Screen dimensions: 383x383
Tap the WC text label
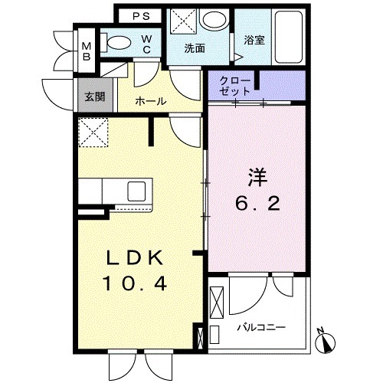[146, 45]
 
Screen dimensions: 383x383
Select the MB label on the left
[87, 51]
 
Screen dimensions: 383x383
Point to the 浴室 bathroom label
[254, 40]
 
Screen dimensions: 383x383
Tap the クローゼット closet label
[233, 85]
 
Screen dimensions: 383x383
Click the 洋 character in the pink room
[256, 175]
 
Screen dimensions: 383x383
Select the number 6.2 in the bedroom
[256, 205]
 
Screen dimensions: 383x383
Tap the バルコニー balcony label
[261, 327]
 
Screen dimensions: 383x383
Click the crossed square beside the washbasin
[183, 20]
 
